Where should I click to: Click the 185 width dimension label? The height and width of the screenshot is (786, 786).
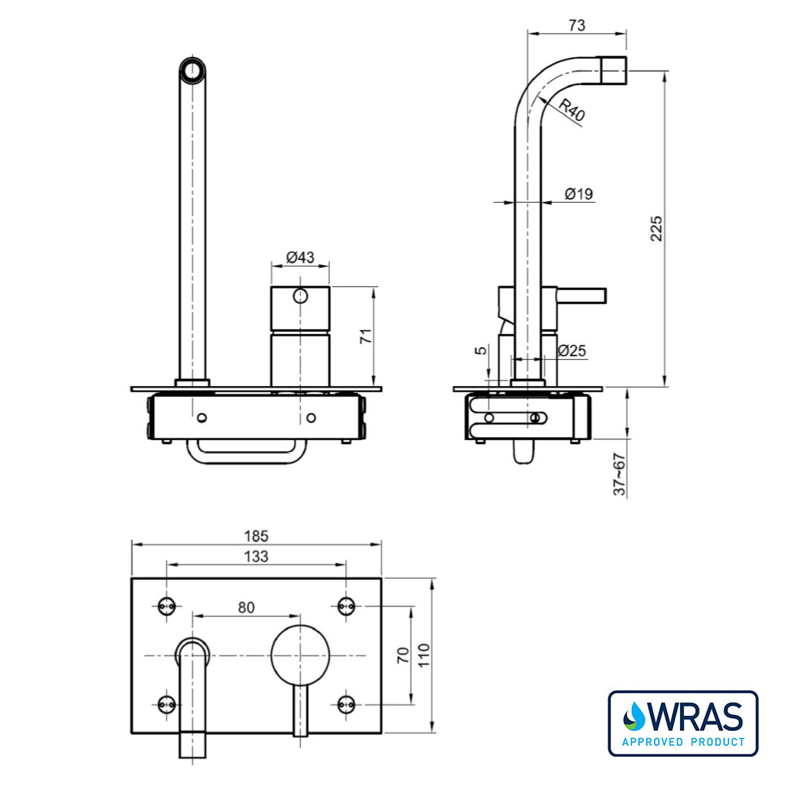point(256,536)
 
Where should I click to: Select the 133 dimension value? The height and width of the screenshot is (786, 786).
point(256,556)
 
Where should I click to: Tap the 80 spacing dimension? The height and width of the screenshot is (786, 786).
point(246,607)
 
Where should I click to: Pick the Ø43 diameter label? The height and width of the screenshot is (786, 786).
point(300,258)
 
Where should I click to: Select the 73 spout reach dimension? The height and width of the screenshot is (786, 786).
point(576,25)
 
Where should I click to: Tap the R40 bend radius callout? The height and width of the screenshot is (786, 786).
point(573,110)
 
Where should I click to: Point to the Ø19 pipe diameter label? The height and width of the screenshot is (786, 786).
point(578,194)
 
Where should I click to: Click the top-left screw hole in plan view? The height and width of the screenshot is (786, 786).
point(166,605)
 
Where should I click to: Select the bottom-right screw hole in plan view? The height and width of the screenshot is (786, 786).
point(345,703)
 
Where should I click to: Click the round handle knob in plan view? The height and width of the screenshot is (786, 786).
point(300,655)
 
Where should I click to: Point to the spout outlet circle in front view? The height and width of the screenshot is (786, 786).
point(193,71)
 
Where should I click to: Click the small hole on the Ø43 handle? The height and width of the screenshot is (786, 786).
point(299,296)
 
